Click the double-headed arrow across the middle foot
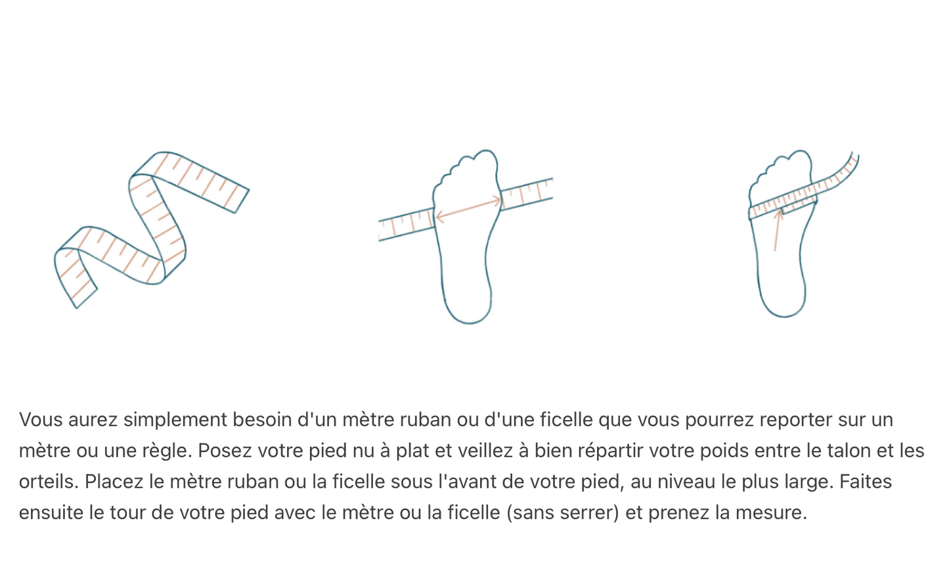(x=468, y=208)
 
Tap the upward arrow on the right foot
(x=777, y=230)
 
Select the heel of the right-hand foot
(x=783, y=302)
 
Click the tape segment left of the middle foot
(x=406, y=224)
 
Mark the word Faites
(x=865, y=482)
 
